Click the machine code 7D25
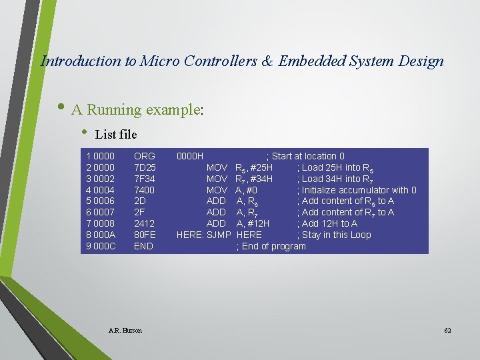pyautogui.click(x=145, y=167)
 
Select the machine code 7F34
pyautogui.click(x=145, y=179)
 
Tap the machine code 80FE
pyautogui.click(x=145, y=235)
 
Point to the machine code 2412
pyautogui.click(x=145, y=223)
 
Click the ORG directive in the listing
pyautogui.click(x=145, y=156)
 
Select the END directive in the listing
pyautogui.click(x=143, y=246)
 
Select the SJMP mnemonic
pyautogui.click(x=219, y=235)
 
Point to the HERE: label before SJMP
pyautogui.click(x=191, y=235)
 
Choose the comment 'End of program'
pyautogui.click(x=273, y=246)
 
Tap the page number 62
pyautogui.click(x=447, y=331)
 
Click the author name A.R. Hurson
pyautogui.click(x=125, y=331)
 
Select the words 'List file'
pyautogui.click(x=116, y=135)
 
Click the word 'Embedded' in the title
pyautogui.click(x=311, y=61)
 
